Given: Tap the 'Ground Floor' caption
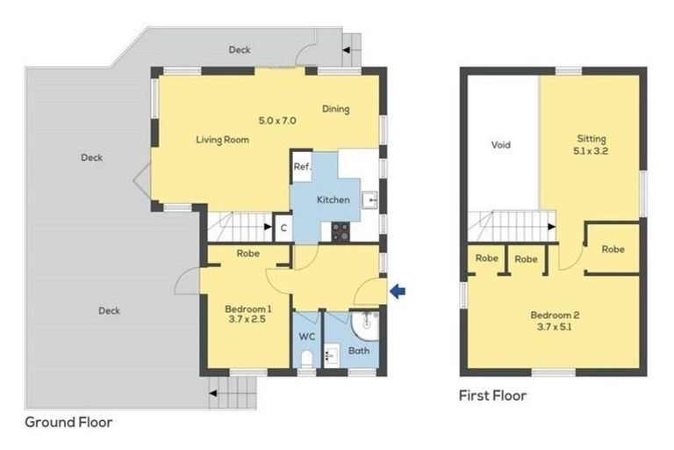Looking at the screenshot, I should click(x=68, y=422).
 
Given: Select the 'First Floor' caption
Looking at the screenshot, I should click(x=492, y=396).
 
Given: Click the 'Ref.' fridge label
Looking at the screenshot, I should click(x=302, y=167).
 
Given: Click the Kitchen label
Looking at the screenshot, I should click(x=333, y=200).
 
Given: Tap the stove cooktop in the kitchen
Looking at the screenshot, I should click(x=340, y=231).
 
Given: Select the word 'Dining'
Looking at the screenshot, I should click(x=335, y=110).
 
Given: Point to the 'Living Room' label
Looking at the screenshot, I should click(x=222, y=140).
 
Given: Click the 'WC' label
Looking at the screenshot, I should click(x=306, y=337).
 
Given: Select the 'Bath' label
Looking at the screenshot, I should click(x=359, y=351).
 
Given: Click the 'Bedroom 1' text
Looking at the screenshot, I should click(x=247, y=308).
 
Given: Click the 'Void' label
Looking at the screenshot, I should click(x=500, y=145).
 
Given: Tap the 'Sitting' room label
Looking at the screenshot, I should click(x=592, y=139).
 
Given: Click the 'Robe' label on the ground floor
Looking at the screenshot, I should click(x=247, y=254).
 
